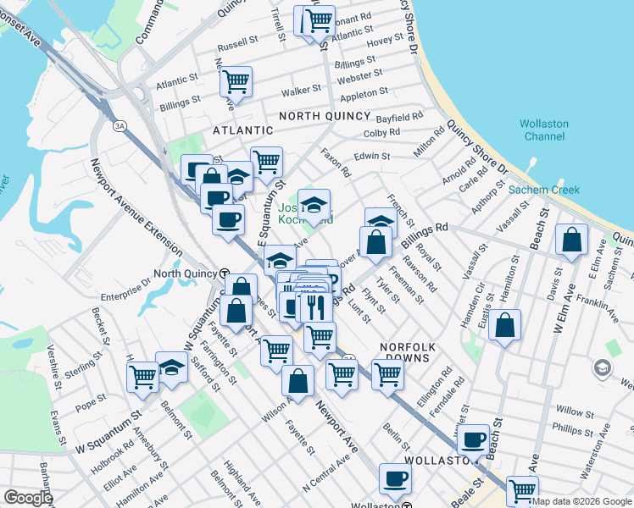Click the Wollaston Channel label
tap(544, 130)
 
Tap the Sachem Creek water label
tap(543, 190)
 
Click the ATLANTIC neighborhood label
tap(243, 130)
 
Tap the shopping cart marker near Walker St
tap(236, 82)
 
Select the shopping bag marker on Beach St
tap(572, 240)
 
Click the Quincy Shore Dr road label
tap(477, 148)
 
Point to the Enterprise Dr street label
tap(126, 297)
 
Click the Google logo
tap(28, 498)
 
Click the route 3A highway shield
tap(120, 126)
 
